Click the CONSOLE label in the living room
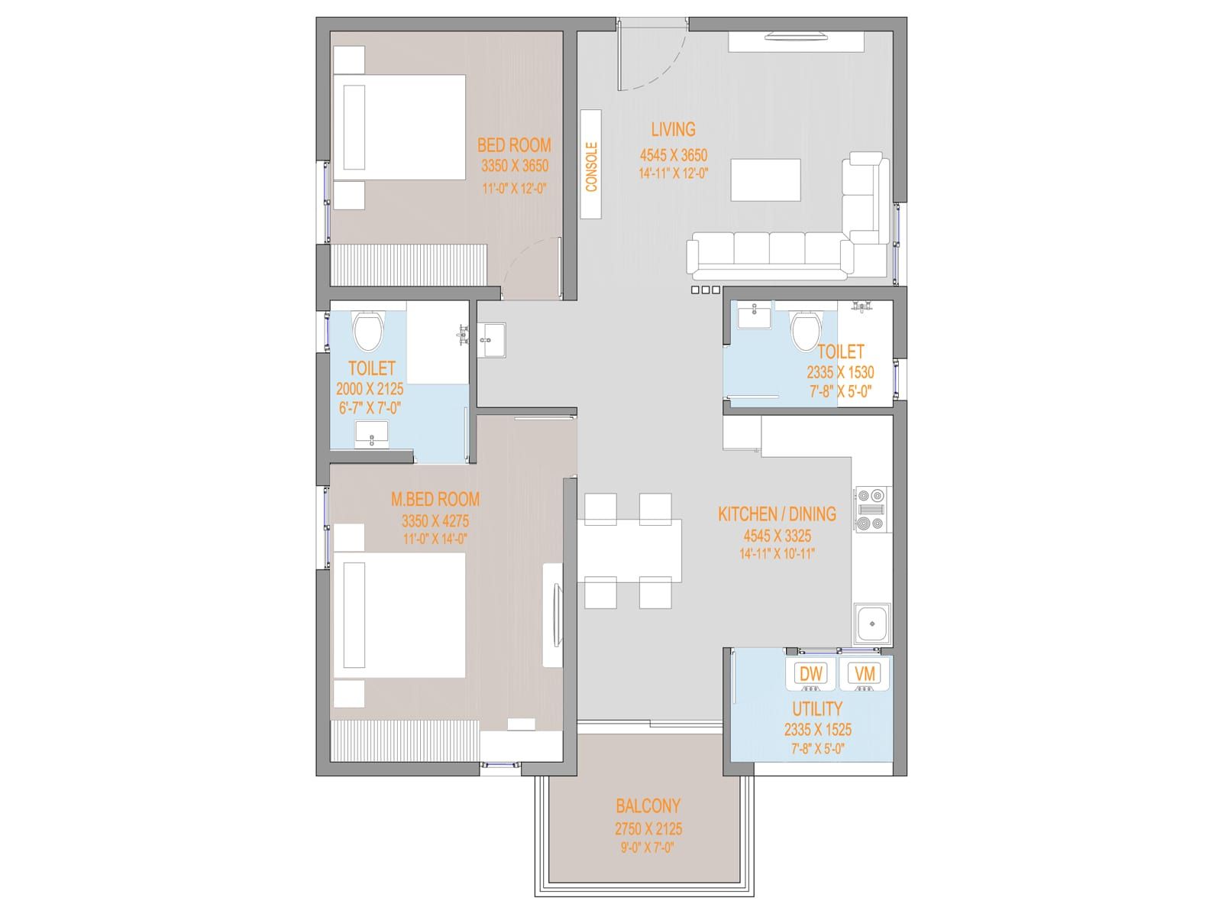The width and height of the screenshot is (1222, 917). tap(591, 167)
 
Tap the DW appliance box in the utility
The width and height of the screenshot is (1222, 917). tap(811, 674)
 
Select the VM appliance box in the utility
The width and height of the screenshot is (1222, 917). tap(865, 674)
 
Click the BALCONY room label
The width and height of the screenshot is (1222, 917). tap(648, 805)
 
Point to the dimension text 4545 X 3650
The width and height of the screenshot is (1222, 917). tap(674, 155)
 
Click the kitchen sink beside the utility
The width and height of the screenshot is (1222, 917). tap(872, 624)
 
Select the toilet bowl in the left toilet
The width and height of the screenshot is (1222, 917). tap(368, 330)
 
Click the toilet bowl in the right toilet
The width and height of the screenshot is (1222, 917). tap(806, 330)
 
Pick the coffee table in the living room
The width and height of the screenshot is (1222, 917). tap(765, 180)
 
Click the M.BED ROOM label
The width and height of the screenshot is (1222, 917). tap(435, 500)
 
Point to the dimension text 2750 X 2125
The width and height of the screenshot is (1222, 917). tap(648, 829)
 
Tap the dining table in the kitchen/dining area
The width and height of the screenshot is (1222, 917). tap(629, 551)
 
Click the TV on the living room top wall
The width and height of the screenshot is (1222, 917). tap(796, 37)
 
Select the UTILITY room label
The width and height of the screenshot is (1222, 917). tap(817, 709)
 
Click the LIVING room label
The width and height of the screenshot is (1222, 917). tap(673, 130)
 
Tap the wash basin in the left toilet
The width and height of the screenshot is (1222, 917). tap(372, 435)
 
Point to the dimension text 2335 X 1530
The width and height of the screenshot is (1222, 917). tap(840, 372)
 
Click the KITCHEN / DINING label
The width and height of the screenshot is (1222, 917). tap(777, 514)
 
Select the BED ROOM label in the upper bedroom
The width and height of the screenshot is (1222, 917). tap(514, 145)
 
